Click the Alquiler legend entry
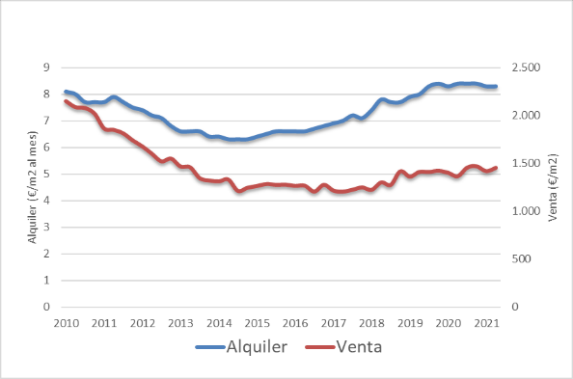point(255,347)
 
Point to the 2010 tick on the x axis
point(66,322)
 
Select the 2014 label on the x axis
point(219,322)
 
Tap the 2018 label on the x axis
point(371,322)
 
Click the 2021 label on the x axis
point(486,322)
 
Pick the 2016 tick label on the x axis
point(295,322)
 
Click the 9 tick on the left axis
point(45,68)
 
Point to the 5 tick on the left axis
point(45,175)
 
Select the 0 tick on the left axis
point(45,307)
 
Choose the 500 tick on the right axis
point(524,258)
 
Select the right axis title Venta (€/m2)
point(553,187)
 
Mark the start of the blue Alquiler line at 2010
point(66,92)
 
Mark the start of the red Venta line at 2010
point(66,101)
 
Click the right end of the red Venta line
point(496,168)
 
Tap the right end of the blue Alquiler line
point(496,87)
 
